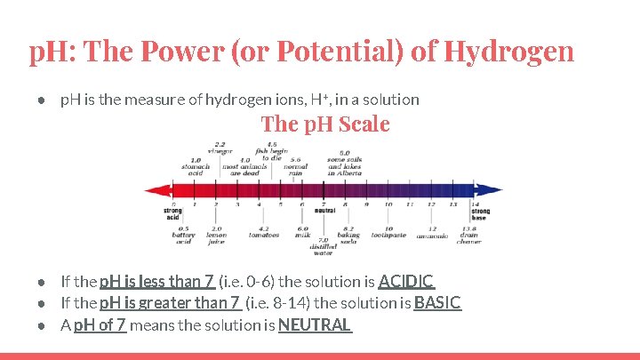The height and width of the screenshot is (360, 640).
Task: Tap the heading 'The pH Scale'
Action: (x=325, y=124)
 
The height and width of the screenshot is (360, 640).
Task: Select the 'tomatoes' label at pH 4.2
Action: (x=264, y=235)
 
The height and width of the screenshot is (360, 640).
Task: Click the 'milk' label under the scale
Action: (x=302, y=235)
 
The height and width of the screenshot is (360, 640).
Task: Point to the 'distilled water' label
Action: (x=324, y=246)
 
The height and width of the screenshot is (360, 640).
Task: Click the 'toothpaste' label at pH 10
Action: (x=388, y=235)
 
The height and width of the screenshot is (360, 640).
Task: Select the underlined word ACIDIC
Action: (x=405, y=282)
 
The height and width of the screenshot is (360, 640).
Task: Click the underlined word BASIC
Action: (x=437, y=303)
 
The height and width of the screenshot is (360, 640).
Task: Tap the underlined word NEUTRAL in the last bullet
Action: (x=315, y=324)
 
